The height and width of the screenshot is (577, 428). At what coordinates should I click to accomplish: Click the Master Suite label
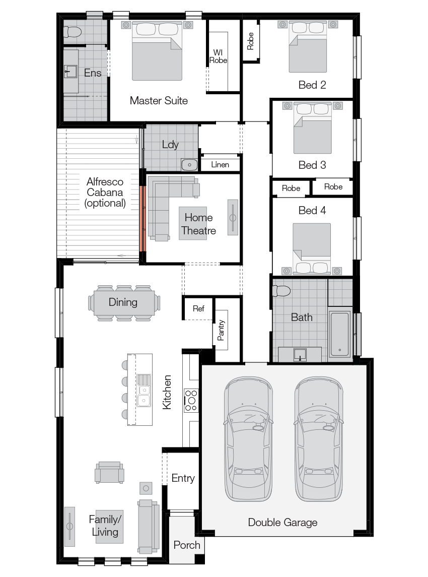pos(159,101)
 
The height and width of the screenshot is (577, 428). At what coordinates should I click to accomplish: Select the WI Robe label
pos(218,56)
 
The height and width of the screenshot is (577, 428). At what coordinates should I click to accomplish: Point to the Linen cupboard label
pos(220,165)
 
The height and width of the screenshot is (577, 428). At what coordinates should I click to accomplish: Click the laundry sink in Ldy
pos(189,164)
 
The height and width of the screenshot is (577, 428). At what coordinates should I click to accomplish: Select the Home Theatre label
pos(198,224)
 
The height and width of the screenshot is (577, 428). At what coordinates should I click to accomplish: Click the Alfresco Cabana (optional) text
pos(105,193)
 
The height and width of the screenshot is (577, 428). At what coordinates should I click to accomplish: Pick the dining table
pos(123,302)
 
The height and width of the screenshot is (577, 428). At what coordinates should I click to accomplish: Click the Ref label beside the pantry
pos(198,309)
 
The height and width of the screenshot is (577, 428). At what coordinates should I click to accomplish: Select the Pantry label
pos(222,331)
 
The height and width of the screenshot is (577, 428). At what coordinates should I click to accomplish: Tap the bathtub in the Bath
pos(340,334)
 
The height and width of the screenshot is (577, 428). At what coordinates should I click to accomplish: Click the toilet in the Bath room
pos(281,291)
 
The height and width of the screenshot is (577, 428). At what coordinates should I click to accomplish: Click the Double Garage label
pos(282,523)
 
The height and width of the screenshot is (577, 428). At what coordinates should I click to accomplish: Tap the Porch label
pos(187,545)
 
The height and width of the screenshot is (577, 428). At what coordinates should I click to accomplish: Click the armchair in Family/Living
pos(109,473)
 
